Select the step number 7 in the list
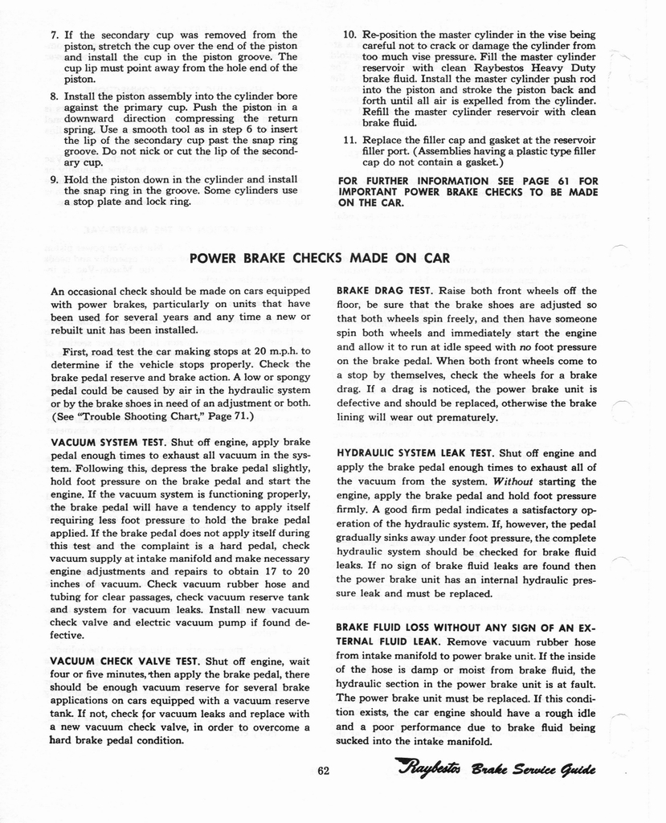click(x=53, y=35)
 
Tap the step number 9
click(x=53, y=179)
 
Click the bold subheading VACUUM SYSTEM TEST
click(x=108, y=442)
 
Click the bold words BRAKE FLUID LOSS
click(x=378, y=627)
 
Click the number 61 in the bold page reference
click(x=558, y=180)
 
